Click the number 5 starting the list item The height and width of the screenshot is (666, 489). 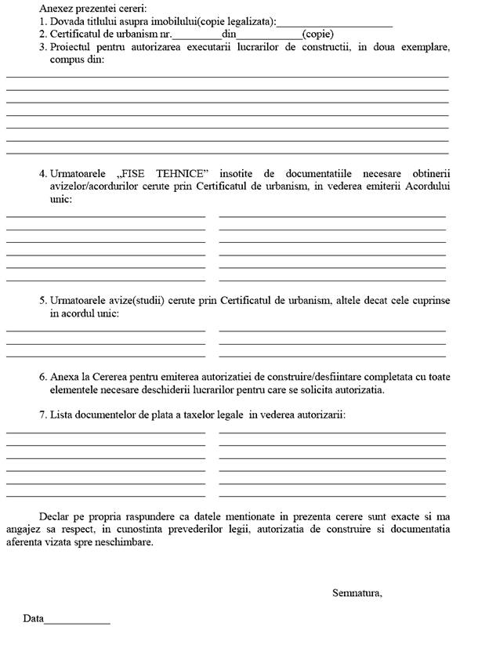pos(42,300)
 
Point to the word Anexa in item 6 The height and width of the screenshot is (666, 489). pos(63,376)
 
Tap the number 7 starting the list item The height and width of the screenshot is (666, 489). pos(42,414)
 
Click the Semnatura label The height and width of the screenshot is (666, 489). pos(357,592)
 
